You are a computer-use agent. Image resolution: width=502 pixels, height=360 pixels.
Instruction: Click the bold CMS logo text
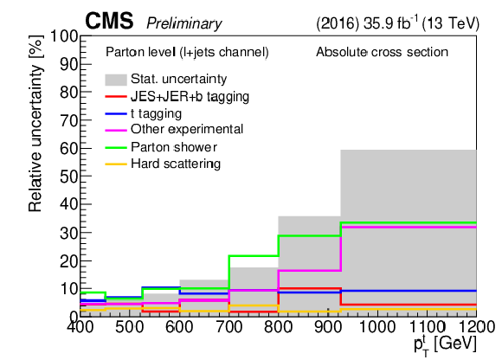point(109,21)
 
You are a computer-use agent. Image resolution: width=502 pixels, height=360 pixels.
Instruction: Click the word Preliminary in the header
point(184,23)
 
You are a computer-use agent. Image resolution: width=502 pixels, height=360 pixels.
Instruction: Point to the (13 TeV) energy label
point(451,23)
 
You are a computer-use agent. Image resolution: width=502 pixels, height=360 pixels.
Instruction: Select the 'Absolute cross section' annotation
point(382,52)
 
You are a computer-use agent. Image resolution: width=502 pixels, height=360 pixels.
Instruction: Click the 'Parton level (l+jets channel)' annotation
point(187,52)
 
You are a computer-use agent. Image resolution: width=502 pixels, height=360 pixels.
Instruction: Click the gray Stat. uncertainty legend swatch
point(116,80)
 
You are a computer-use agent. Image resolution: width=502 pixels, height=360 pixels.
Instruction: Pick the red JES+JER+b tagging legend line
point(116,96)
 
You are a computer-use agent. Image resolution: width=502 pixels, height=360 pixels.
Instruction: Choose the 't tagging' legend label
point(157,113)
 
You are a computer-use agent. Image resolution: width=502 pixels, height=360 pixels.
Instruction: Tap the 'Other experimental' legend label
point(187,129)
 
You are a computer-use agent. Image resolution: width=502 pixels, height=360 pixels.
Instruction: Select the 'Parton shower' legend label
point(174,147)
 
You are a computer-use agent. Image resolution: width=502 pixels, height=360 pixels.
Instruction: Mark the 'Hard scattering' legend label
point(176,164)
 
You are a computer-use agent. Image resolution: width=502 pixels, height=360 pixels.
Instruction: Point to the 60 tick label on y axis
point(69,148)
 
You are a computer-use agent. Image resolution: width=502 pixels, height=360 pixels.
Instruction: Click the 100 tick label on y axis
point(64,36)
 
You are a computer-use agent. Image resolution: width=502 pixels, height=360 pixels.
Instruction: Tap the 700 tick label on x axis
point(228,327)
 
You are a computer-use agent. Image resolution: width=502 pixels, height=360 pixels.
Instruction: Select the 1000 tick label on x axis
point(377,327)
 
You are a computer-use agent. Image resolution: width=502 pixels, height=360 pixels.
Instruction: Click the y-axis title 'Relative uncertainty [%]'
point(35,123)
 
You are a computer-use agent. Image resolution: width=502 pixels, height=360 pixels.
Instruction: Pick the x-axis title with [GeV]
point(446,345)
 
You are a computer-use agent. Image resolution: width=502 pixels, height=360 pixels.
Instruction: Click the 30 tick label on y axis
point(69,233)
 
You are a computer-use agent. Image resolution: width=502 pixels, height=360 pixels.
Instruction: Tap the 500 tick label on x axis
point(129,327)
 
